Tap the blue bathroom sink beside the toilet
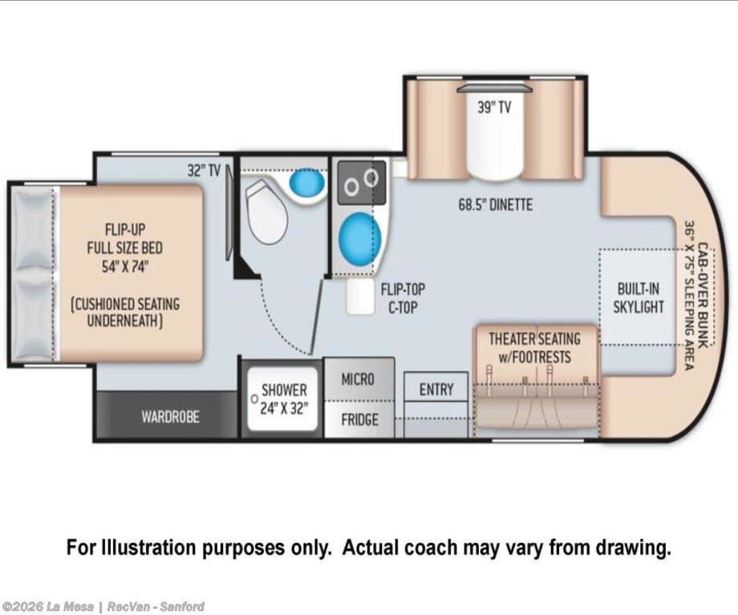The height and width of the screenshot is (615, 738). click(x=306, y=182)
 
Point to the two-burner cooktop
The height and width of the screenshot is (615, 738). click(x=362, y=183)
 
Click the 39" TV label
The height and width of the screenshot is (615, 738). click(x=494, y=107)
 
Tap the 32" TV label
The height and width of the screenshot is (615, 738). click(x=204, y=170)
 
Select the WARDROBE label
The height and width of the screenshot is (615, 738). click(x=170, y=417)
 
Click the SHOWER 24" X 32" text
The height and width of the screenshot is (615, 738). click(x=284, y=399)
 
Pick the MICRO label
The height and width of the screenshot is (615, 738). click(x=358, y=379)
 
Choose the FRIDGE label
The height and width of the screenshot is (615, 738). click(x=359, y=419)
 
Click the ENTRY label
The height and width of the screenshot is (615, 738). click(x=436, y=390)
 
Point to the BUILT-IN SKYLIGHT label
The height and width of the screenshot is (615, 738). click(x=639, y=297)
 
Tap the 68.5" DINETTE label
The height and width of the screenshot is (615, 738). click(x=496, y=204)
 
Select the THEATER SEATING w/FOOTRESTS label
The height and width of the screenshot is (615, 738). click(x=534, y=348)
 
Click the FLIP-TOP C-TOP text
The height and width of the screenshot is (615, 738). click(x=403, y=297)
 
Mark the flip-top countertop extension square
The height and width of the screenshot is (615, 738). click(x=360, y=297)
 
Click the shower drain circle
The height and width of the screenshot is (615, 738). click(x=254, y=399)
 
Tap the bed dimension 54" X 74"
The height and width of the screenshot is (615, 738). click(x=125, y=267)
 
